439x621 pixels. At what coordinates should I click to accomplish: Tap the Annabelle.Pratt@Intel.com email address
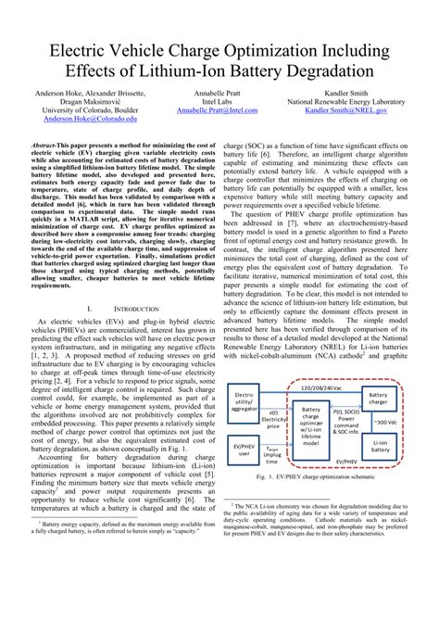click(x=218, y=110)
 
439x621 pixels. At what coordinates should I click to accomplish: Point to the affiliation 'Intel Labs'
click(x=218, y=101)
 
